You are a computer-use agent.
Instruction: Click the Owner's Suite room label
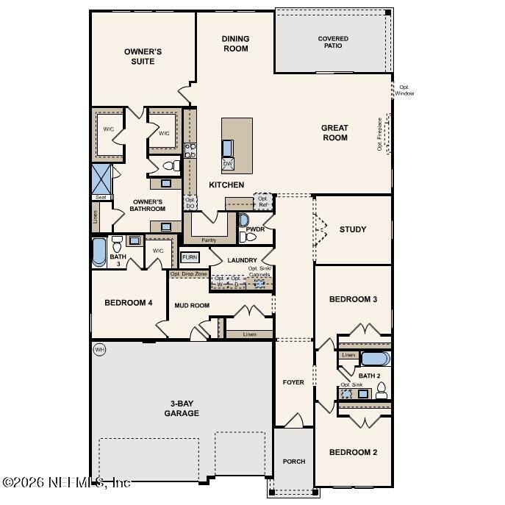pyautogui.click(x=143, y=57)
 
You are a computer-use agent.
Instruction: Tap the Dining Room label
pyautogui.click(x=235, y=43)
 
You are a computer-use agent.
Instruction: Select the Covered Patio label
pyautogui.click(x=333, y=42)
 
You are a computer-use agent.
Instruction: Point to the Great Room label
pyautogui.click(x=334, y=133)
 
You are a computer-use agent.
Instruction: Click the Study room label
pyautogui.click(x=353, y=229)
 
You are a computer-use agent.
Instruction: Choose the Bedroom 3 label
pyautogui.click(x=353, y=299)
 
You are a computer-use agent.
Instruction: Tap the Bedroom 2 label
pyautogui.click(x=353, y=452)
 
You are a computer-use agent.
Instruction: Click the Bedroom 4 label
pyautogui.click(x=128, y=303)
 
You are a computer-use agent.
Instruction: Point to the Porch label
pyautogui.click(x=294, y=462)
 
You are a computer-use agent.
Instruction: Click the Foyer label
pyautogui.click(x=293, y=382)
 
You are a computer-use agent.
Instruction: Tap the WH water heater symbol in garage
pyautogui.click(x=100, y=349)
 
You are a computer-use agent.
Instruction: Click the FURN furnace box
pyautogui.click(x=190, y=257)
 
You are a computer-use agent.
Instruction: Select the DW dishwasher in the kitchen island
pyautogui.click(x=228, y=163)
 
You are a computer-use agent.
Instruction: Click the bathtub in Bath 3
pyautogui.click(x=99, y=252)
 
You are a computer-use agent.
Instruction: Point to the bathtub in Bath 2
pyautogui.click(x=375, y=359)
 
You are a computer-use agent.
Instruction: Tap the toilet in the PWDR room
pyautogui.click(x=245, y=221)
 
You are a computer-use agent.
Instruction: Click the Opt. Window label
pyautogui.click(x=404, y=90)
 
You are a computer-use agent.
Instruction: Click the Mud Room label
pyautogui.click(x=192, y=305)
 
